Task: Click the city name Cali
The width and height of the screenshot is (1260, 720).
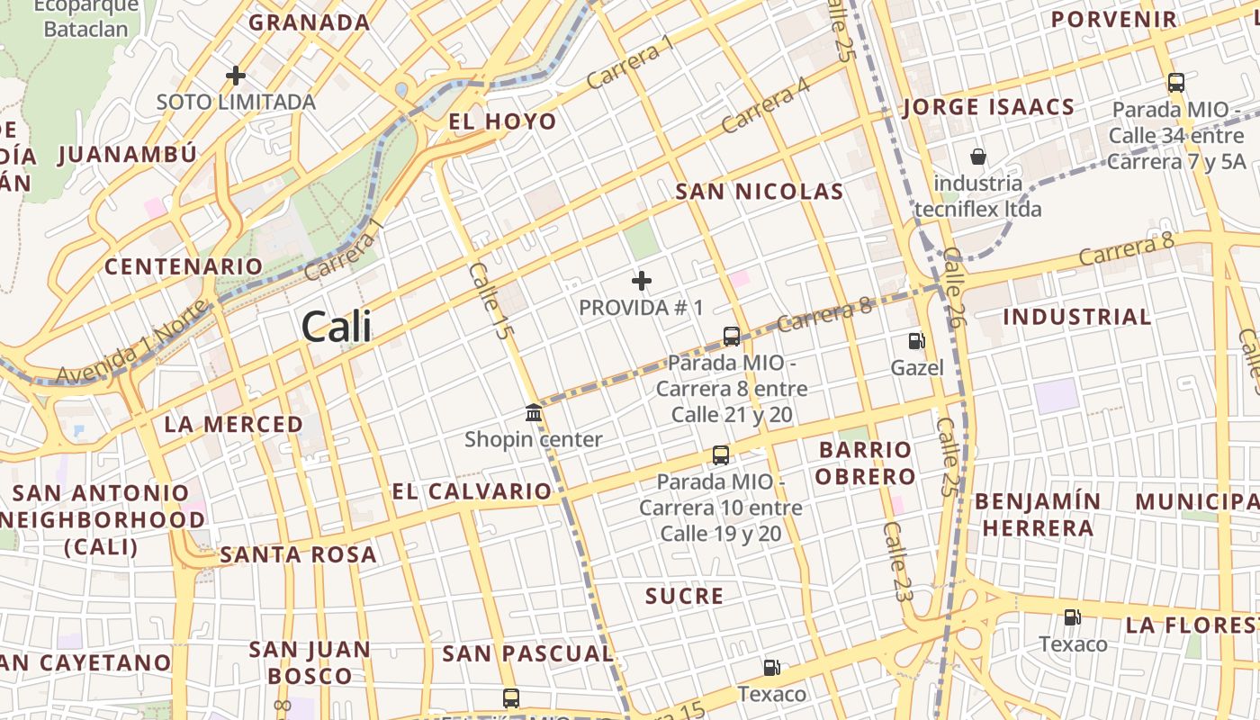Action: pyautogui.click(x=337, y=326)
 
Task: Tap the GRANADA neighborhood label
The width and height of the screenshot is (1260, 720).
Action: pyautogui.click(x=309, y=22)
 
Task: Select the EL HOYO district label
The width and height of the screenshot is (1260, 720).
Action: pyautogui.click(x=502, y=121)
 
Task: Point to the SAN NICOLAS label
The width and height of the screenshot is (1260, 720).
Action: pyautogui.click(x=760, y=192)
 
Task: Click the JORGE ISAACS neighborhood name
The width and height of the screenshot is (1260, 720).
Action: pyautogui.click(x=988, y=107)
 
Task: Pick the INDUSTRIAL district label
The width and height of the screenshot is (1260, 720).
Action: pyautogui.click(x=1076, y=317)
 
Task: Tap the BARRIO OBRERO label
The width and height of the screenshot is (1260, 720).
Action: pyautogui.click(x=865, y=463)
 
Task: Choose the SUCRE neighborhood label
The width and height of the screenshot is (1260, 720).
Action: pyautogui.click(x=684, y=596)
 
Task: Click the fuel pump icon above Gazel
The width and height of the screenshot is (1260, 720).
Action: pyautogui.click(x=916, y=341)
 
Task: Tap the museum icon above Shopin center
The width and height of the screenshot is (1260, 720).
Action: pyautogui.click(x=534, y=413)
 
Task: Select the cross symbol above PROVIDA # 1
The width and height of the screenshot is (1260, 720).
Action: pyautogui.click(x=641, y=281)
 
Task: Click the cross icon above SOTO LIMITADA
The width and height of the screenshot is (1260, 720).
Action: pyautogui.click(x=236, y=75)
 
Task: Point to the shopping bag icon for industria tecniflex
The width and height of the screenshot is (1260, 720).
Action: pyautogui.click(x=978, y=157)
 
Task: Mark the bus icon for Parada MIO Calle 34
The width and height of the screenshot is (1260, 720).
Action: pyautogui.click(x=1175, y=83)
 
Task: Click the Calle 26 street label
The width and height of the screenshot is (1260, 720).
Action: pyautogui.click(x=951, y=288)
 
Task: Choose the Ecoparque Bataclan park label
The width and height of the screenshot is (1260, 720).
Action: pyautogui.click(x=86, y=17)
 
